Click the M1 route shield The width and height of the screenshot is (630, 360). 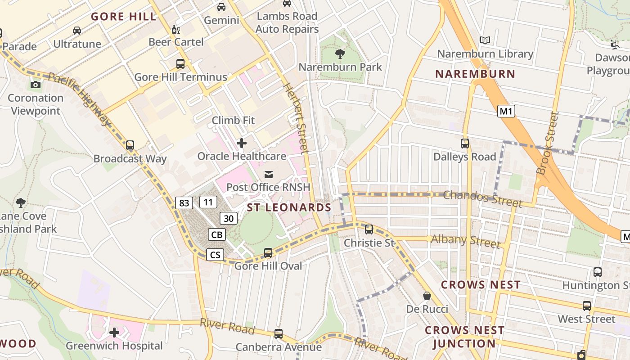(x=506, y=111)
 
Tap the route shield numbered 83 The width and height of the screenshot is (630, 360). (x=184, y=203)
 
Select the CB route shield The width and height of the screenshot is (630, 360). (x=217, y=234)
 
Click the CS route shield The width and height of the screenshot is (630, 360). (x=215, y=255)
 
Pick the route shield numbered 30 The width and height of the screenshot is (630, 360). (x=229, y=219)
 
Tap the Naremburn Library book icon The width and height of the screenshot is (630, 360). (x=485, y=40)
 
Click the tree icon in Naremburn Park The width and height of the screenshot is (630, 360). (x=340, y=54)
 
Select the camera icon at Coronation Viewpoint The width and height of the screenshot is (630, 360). (x=35, y=85)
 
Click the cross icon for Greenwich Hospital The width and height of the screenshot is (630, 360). (x=114, y=333)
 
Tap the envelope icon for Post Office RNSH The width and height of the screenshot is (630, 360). (x=269, y=174)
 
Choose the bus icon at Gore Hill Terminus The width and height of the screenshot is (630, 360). (x=180, y=64)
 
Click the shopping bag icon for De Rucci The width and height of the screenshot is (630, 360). (x=427, y=296)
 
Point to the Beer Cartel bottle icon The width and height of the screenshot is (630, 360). (x=175, y=30)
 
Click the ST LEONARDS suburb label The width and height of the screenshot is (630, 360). (x=289, y=207)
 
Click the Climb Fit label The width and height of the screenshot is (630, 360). (x=233, y=121)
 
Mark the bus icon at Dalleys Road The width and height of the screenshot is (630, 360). (x=465, y=144)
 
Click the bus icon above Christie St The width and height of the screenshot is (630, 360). (x=369, y=229)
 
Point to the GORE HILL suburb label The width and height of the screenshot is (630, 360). (x=124, y=17)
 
